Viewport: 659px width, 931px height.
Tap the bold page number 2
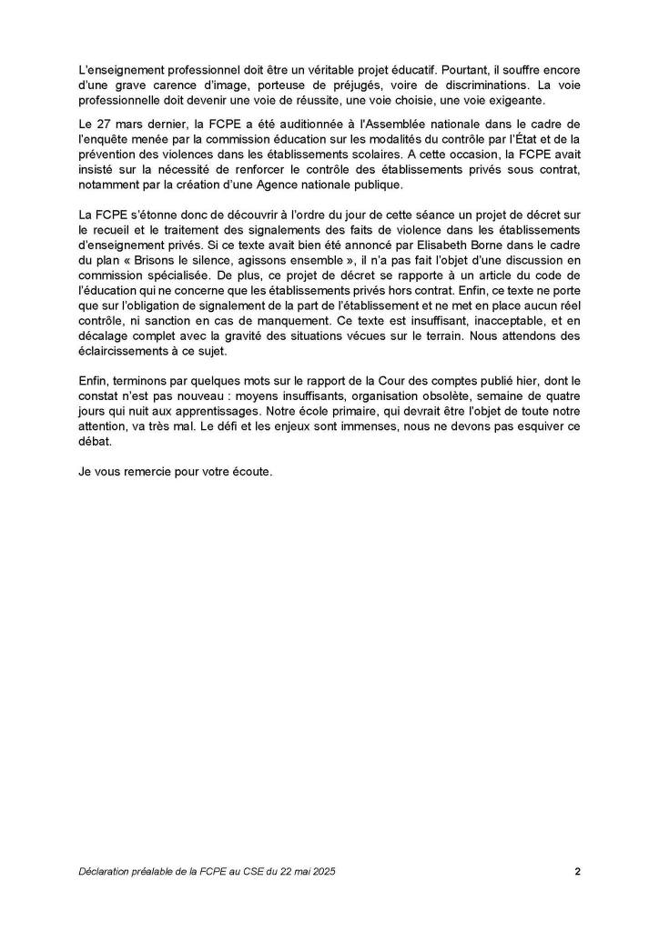pos(577,871)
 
